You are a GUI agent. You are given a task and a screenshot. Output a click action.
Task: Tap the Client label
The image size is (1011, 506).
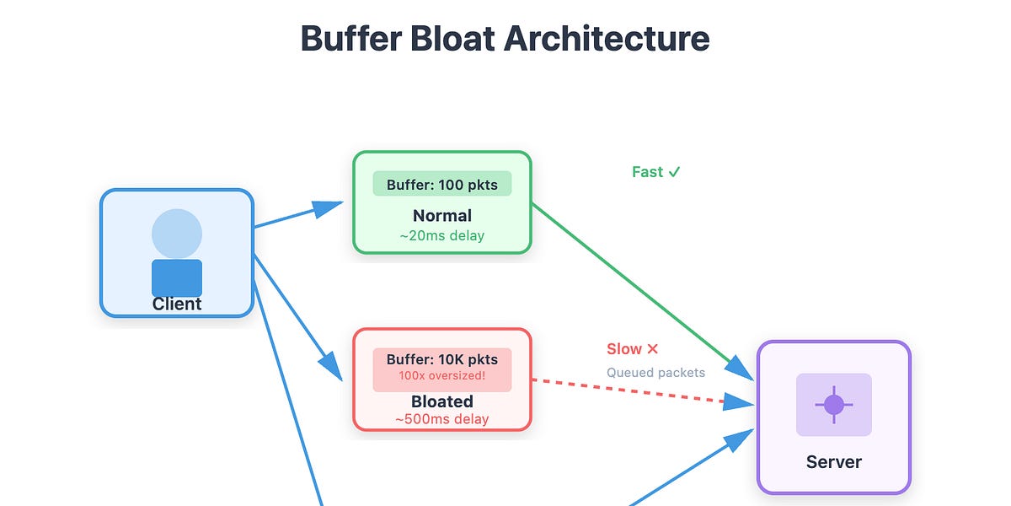(x=177, y=304)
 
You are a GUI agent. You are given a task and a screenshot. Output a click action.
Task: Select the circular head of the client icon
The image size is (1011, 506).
(x=177, y=234)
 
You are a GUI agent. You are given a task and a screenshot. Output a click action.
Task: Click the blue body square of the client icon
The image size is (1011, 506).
(x=177, y=277)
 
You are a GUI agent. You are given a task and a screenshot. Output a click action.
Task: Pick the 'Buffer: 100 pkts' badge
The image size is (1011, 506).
(x=441, y=184)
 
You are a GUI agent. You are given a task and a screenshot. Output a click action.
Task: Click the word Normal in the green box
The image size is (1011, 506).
(x=441, y=215)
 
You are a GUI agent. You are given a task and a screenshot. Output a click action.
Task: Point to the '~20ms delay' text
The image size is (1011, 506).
(x=441, y=235)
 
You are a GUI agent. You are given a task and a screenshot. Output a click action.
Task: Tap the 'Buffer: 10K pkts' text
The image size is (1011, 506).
(x=441, y=359)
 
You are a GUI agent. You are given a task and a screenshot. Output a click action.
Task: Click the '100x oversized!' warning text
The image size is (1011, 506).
(x=441, y=375)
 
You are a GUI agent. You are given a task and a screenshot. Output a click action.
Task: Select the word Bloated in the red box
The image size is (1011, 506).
(x=441, y=401)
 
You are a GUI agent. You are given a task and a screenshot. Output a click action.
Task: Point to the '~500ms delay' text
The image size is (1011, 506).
(x=441, y=419)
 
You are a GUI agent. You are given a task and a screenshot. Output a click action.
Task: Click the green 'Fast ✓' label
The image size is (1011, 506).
(x=655, y=172)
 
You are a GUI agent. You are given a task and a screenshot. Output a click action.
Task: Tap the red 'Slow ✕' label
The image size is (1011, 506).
(x=632, y=349)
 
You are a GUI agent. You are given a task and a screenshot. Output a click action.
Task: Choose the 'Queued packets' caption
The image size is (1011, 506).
(x=655, y=372)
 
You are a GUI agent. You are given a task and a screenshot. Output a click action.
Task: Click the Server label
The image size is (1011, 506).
(x=833, y=462)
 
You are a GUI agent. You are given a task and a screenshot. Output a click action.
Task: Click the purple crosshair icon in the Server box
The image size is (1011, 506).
(x=833, y=405)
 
